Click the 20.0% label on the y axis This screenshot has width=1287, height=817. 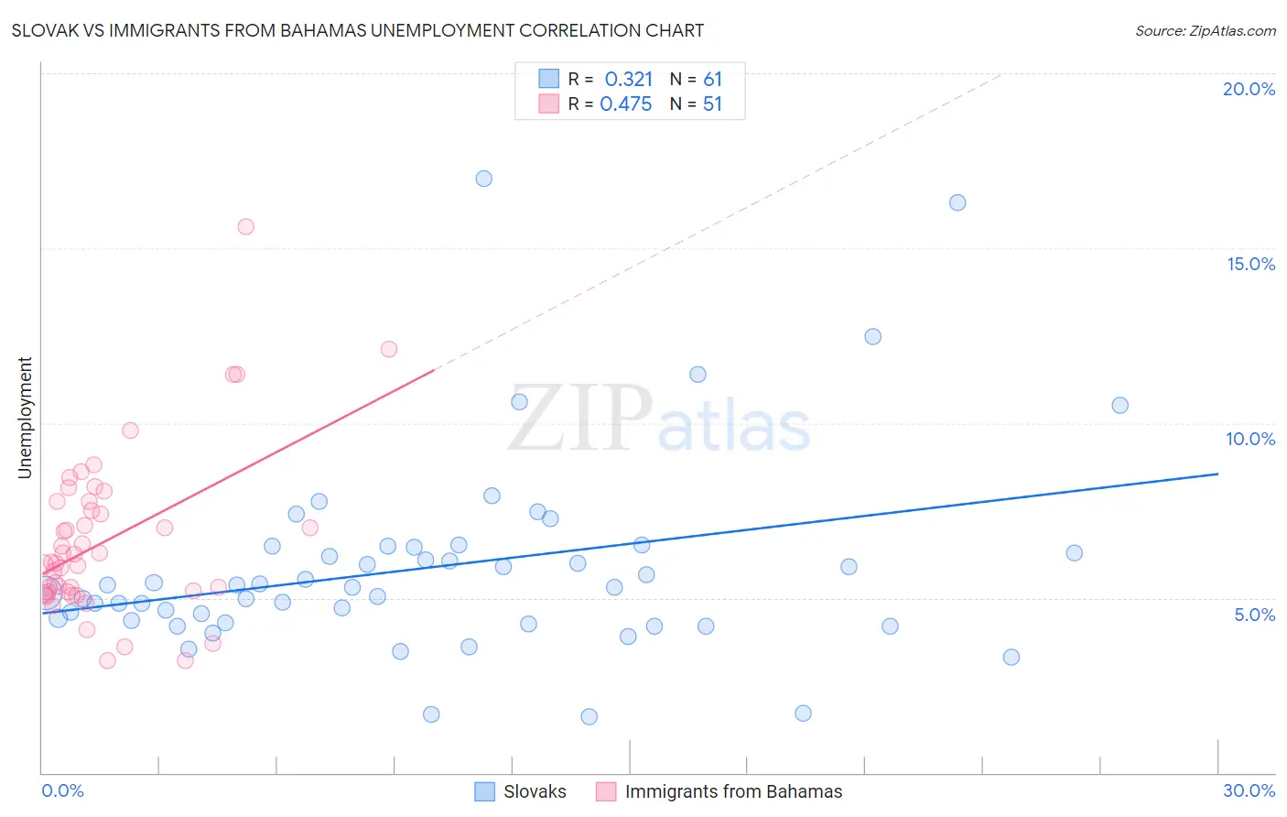[x=1249, y=89]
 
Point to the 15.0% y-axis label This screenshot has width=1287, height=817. [x=1250, y=264]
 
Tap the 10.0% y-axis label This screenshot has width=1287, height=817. [x=1250, y=439]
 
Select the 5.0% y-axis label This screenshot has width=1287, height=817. [x=1254, y=615]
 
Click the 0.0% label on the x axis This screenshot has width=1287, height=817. [x=62, y=790]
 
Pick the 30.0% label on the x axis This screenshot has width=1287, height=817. [x=1249, y=790]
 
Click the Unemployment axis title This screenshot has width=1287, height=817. [x=25, y=418]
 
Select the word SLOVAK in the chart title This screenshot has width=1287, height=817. [x=43, y=30]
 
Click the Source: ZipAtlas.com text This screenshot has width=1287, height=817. [x=1205, y=30]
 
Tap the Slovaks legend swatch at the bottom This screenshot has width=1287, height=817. [x=484, y=791]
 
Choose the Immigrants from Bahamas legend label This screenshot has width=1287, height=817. [x=733, y=791]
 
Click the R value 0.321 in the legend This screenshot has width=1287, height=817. [x=628, y=80]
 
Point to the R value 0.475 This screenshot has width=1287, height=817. [x=626, y=104]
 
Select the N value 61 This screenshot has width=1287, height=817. [x=712, y=80]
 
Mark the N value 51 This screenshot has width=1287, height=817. [x=712, y=104]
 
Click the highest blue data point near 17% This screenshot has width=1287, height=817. [x=484, y=179]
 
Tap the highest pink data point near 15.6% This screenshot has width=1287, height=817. [x=245, y=227]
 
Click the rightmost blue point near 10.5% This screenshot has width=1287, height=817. [x=1119, y=405]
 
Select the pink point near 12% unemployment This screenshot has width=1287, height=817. [x=388, y=349]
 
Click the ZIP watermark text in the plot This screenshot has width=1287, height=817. [x=580, y=419]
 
